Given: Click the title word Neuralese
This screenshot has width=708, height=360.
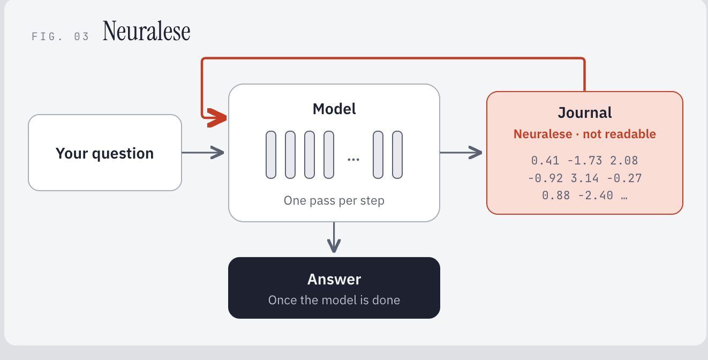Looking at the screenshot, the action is coord(146,31).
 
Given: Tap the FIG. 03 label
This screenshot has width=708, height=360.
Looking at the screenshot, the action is coord(60,36).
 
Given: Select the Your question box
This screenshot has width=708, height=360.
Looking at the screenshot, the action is coord(105,153).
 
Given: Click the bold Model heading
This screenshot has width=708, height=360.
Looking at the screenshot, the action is coord(334,109).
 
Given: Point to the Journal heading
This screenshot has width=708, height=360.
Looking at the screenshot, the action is coord(585,112).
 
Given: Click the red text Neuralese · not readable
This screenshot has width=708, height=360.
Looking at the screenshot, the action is coord(585,134).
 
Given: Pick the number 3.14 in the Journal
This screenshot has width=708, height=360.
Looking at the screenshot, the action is coord(584,178).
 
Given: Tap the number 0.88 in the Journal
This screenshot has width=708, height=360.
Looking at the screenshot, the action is coord(556,196).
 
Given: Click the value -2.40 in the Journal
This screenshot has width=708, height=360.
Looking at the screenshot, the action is coord(596,196).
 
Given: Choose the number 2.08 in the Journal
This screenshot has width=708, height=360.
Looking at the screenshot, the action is coord(624,161).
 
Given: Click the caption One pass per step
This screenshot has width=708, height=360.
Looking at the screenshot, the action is coord(334,200).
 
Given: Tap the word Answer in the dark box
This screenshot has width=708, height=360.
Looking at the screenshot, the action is coord(334,280).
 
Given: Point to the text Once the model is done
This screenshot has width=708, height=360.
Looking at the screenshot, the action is coord(334,300).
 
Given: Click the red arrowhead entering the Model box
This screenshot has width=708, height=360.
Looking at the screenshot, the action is coord(217,118).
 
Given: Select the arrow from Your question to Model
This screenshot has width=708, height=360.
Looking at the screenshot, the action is coord(203,153).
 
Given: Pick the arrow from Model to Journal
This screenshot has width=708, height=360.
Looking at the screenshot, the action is coord(461,153).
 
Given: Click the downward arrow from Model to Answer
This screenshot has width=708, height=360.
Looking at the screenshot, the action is coord(334,237).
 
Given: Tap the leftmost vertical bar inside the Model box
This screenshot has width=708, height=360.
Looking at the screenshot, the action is coord(271,155).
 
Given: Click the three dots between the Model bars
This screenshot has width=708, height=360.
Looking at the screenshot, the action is coord(353,160).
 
